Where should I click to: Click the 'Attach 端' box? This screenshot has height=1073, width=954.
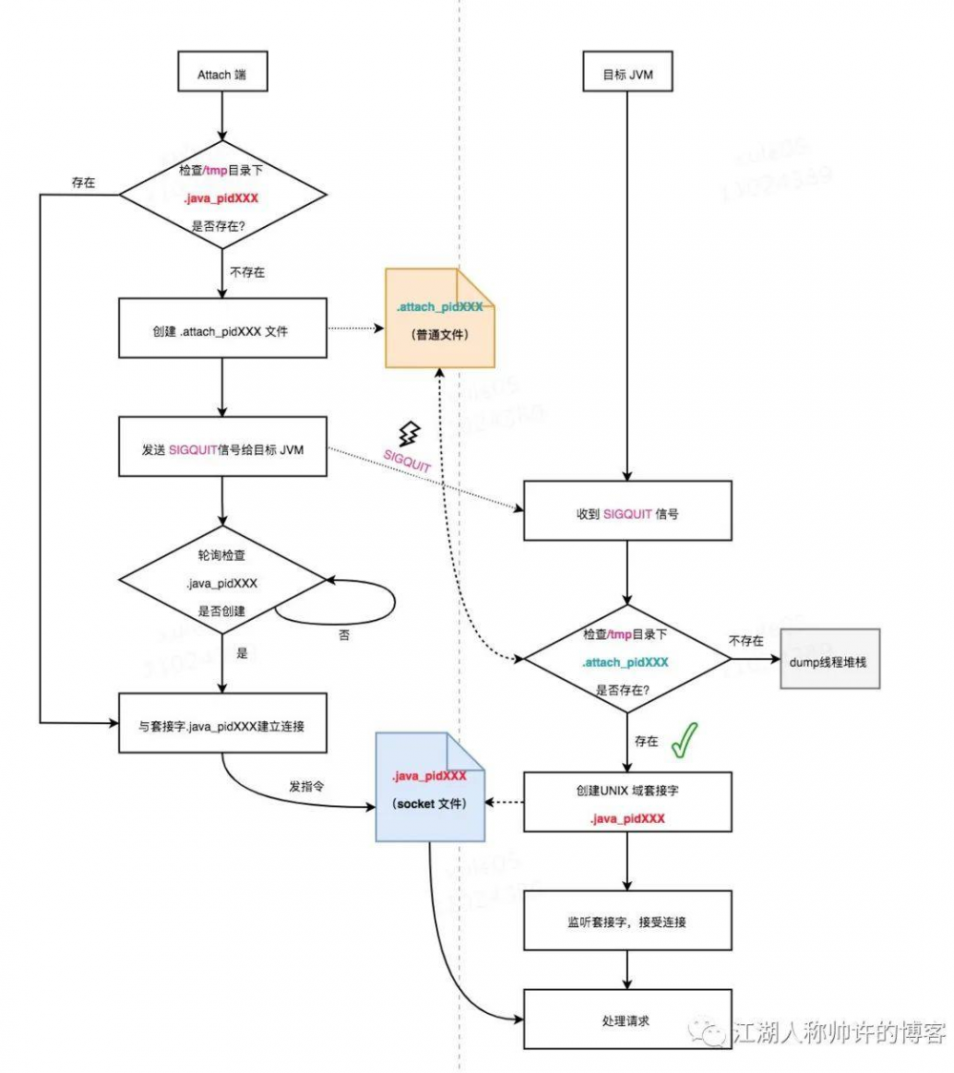coord(220,73)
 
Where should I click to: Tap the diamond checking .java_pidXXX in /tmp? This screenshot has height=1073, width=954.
coord(220,196)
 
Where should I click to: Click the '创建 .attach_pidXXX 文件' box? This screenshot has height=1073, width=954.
coord(220,329)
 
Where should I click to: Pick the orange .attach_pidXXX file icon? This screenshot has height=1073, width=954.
coord(440,319)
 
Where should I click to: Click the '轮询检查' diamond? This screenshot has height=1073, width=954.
coord(220,583)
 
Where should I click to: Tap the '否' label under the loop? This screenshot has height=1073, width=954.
coord(343,634)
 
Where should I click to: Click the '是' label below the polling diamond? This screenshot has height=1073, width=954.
coord(241,653)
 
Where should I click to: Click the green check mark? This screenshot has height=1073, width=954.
coord(683,740)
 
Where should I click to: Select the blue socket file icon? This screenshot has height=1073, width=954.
coord(429,787)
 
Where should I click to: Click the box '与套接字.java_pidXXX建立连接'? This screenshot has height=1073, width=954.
coord(220,724)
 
